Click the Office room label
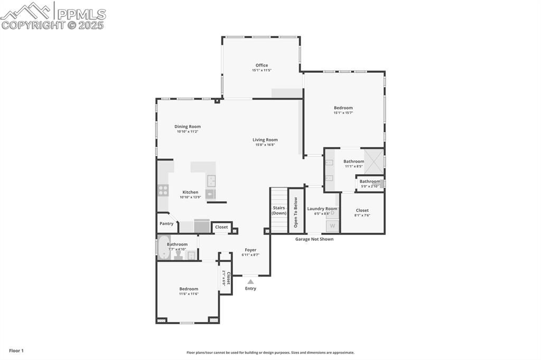coord(262,65)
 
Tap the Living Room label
coord(265,140)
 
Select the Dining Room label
coord(188,127)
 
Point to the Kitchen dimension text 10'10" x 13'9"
coord(190,197)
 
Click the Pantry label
coord(166,224)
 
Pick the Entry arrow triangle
coord(250,282)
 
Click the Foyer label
coord(250,250)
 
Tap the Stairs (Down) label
coord(279,210)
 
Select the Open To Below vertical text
coord(296,212)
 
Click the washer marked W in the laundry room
coord(332,226)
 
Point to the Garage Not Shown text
coord(314,239)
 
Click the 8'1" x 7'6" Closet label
coord(362,211)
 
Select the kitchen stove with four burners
coord(163,190)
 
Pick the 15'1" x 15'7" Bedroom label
coord(343,108)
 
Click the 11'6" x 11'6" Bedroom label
coord(189,289)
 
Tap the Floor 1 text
coord(16,350)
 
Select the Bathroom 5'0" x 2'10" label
coord(370,182)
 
